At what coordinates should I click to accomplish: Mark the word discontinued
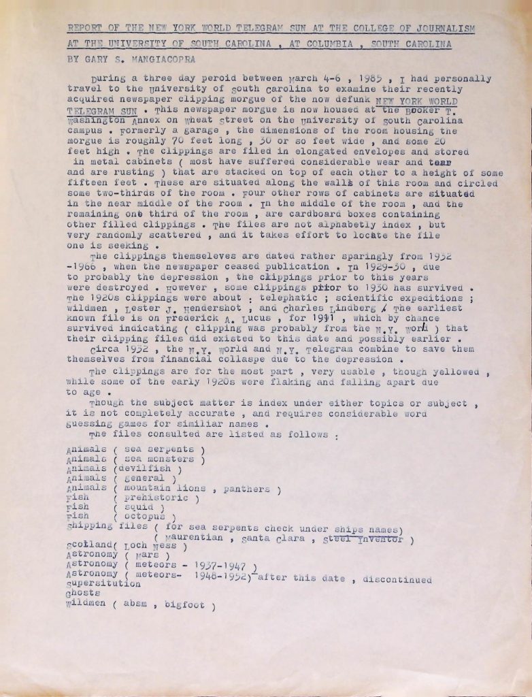(x=398, y=579)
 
